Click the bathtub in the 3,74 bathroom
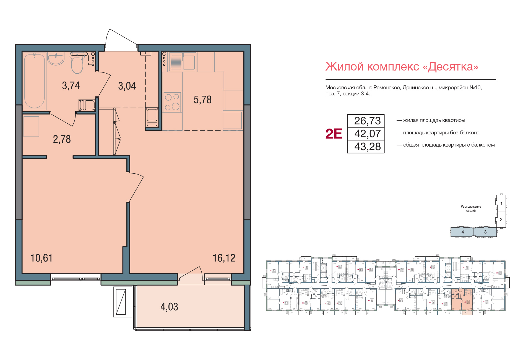35,81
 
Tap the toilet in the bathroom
77,64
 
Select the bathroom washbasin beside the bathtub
56,59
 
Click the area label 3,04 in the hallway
127,86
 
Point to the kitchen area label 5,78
202,100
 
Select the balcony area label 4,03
169,307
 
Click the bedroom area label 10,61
41,258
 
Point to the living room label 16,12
224,258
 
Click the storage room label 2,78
62,139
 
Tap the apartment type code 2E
334,134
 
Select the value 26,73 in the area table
367,121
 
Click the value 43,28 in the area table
367,147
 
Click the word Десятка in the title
453,67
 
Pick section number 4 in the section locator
463,232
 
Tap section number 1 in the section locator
501,204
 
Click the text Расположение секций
471,208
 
